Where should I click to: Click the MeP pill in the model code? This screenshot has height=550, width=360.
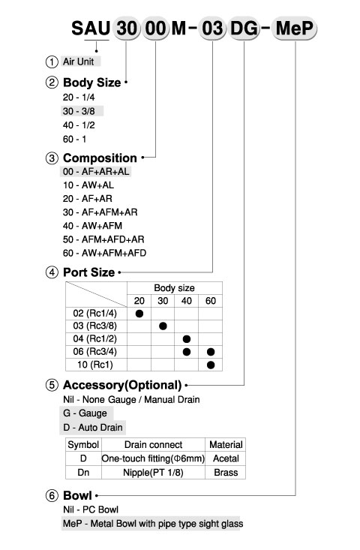pos(295,29)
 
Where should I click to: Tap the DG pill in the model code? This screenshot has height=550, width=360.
pos(244,29)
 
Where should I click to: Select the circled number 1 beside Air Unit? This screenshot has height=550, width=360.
pos(52,62)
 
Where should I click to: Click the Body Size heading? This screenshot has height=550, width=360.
pos(91,83)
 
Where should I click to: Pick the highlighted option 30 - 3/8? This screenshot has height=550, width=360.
pos(79,111)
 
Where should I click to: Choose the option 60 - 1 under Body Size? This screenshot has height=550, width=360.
pos(74,140)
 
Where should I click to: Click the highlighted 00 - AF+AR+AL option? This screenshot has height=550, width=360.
pos(96,172)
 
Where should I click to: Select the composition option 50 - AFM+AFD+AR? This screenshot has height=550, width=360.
pos(103,239)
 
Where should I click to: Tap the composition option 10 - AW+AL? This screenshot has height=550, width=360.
pos(88,185)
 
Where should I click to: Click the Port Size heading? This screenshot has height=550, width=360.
pos(88,272)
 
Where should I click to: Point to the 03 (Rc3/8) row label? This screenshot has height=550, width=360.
pos(95,326)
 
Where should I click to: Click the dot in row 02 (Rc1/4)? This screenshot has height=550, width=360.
pos(139,313)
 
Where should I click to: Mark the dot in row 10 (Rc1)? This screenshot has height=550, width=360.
pos(211,365)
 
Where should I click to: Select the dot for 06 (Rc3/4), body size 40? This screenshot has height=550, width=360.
pos(187,352)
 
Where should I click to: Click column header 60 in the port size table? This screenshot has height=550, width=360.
pos(211,301)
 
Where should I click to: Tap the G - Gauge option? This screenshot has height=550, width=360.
pos(85,413)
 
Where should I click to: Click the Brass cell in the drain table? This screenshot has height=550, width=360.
pos(226,473)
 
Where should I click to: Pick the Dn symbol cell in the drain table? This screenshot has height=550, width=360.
pos(83,473)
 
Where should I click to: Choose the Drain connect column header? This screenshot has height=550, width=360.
pos(153,445)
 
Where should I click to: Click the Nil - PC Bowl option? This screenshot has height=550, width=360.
pos(91,509)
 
